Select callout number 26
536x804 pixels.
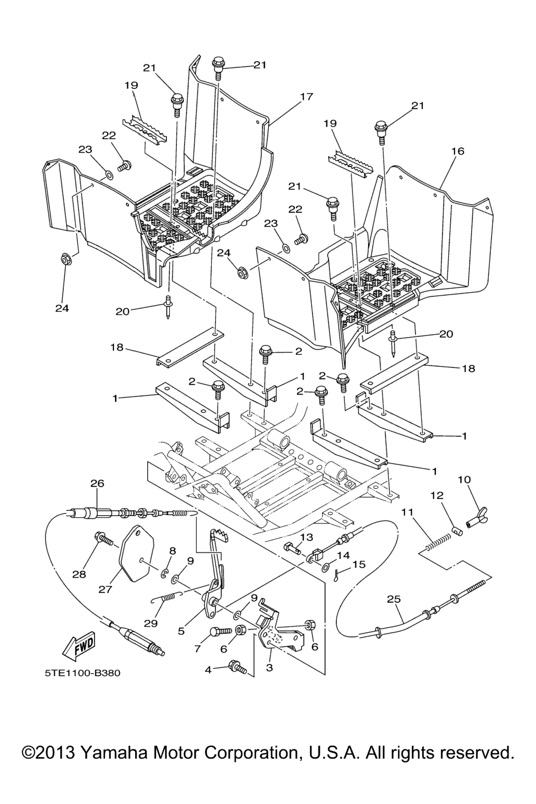[97, 483]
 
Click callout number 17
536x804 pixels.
[306, 96]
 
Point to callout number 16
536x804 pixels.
[457, 151]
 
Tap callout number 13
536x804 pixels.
[306, 537]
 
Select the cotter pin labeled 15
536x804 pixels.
[337, 573]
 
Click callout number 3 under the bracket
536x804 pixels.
[270, 667]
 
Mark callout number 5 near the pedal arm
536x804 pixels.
[181, 631]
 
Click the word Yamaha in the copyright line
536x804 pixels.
[114, 753]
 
